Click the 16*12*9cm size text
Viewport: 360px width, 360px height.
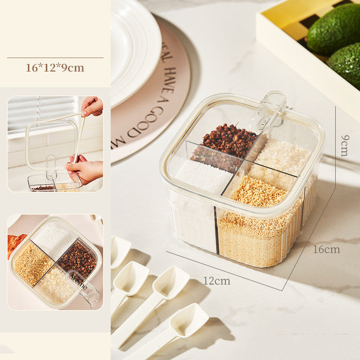(55, 68)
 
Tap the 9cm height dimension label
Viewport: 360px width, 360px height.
(344, 145)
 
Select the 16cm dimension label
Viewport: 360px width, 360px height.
(326, 249)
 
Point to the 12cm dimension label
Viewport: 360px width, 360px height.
(216, 281)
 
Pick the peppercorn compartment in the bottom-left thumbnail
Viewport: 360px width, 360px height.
(77, 259)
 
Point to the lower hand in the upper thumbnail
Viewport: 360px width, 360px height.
(85, 169)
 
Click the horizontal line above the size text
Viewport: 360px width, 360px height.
(55, 58)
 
